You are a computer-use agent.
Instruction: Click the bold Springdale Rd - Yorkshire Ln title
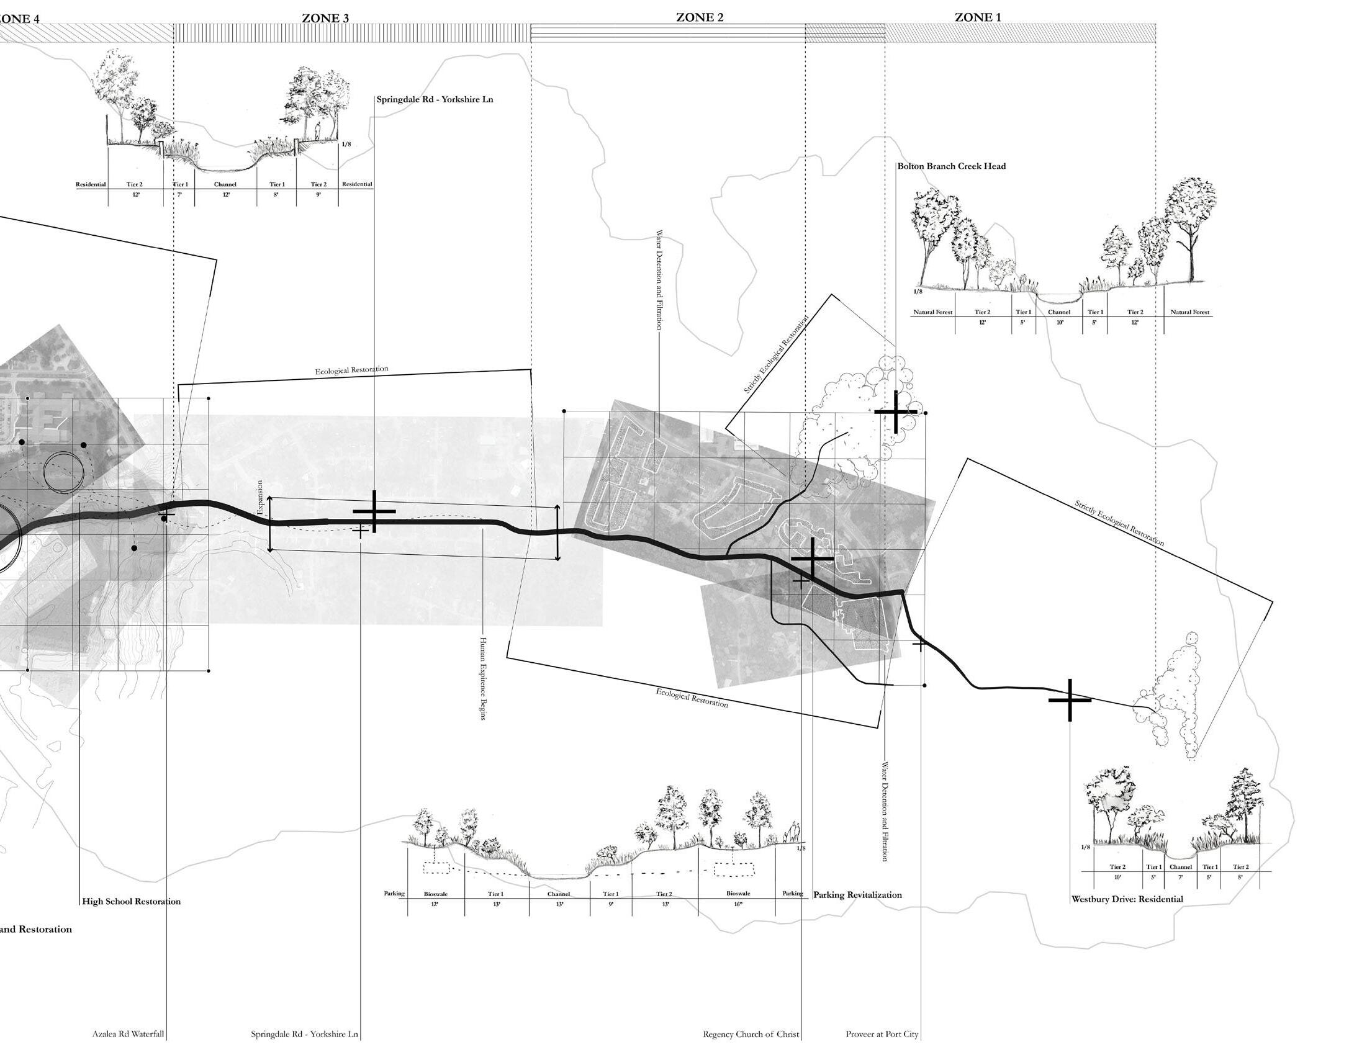435,99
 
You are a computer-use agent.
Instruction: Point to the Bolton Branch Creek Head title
952,166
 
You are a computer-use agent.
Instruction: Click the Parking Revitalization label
857,895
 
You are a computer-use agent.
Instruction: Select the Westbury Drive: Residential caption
1127,899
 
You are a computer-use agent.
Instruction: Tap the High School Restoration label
132,902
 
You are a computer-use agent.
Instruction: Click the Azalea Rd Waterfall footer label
128,1035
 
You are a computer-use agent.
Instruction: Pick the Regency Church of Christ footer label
751,1035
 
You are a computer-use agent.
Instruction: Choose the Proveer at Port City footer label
882,1035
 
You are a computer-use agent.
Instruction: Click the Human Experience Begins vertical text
482,678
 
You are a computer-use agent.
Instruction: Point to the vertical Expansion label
260,498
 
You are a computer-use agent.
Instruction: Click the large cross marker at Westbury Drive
1070,699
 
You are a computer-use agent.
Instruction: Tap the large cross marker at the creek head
896,411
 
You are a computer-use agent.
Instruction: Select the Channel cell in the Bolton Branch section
1058,312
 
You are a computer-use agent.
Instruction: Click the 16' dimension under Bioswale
738,904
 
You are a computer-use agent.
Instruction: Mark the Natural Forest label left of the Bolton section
932,312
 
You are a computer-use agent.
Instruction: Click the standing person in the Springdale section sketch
317,131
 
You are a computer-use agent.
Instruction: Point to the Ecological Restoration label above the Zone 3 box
351,370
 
